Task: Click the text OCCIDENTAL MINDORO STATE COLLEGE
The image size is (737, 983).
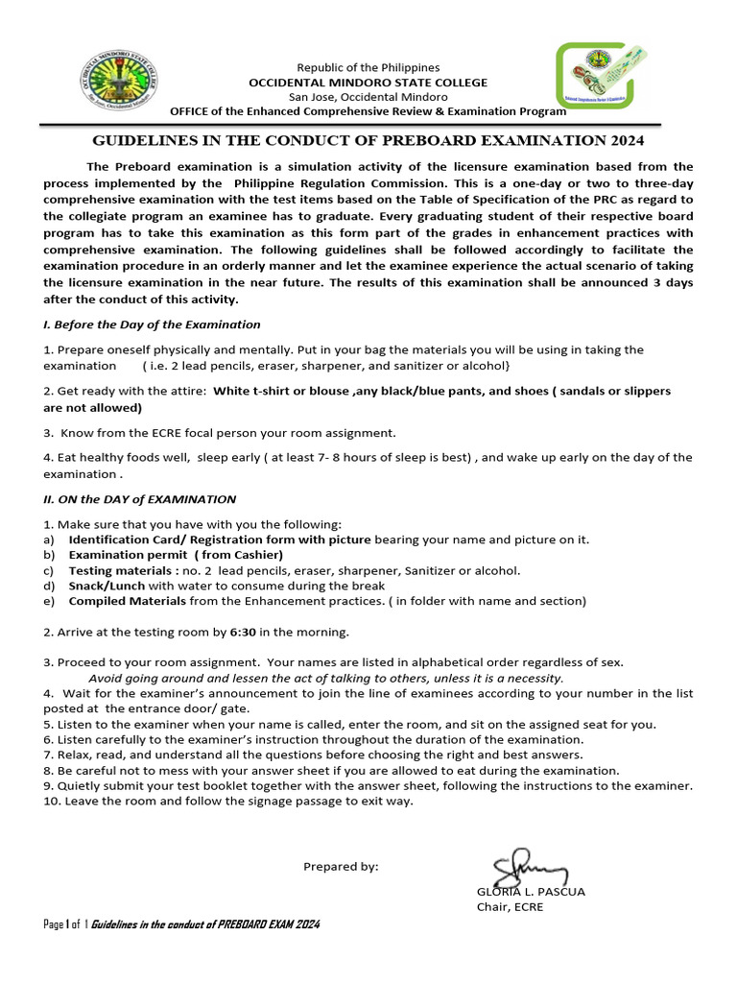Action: pos(368,83)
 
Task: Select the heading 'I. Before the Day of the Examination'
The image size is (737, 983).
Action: pos(153,324)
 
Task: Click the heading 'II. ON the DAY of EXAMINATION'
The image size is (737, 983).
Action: pos(140,499)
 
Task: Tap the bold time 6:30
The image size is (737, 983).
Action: pos(243,632)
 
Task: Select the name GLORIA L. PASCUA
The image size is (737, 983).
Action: pos(531,892)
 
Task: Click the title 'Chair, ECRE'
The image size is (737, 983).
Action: pos(510,907)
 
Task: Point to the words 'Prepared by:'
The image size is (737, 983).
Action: pos(341,867)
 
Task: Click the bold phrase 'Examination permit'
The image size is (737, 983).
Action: pos(129,555)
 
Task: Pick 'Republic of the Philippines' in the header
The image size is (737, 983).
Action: pos(368,67)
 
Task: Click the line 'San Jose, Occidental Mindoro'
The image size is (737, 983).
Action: pos(368,97)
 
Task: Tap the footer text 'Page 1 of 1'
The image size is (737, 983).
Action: pos(66,924)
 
